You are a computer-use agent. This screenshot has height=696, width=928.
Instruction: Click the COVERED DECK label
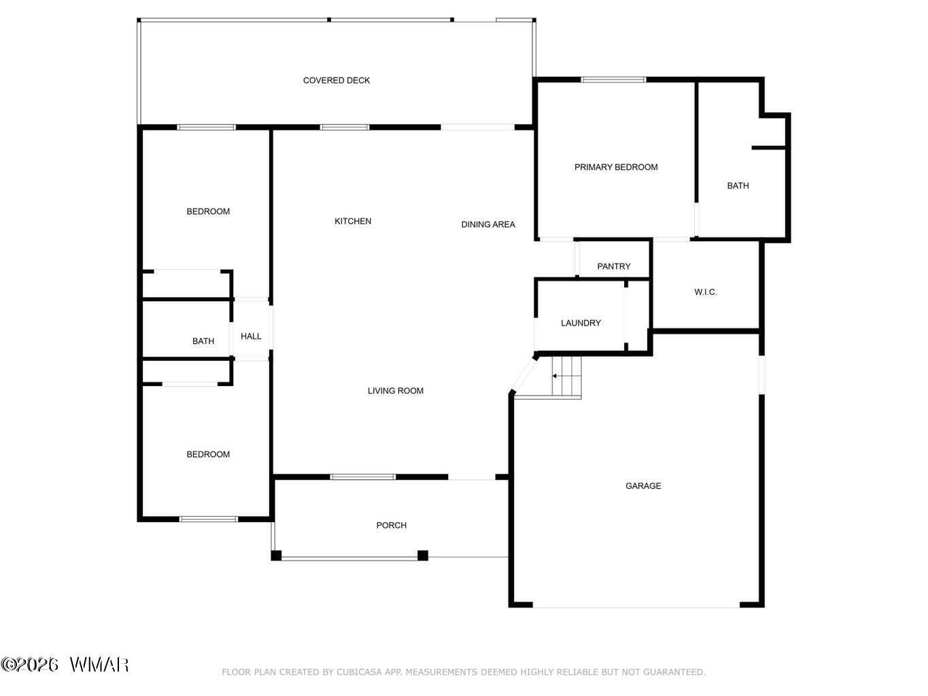[x=336, y=80]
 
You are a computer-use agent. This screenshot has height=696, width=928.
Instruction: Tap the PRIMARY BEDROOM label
[x=615, y=167]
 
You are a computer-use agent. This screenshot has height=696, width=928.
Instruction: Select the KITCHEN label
[x=353, y=221]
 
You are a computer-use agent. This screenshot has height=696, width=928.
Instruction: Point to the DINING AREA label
[x=488, y=224]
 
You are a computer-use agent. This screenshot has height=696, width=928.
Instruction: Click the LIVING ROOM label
[x=395, y=391]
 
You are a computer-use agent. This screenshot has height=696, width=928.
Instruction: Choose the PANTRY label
[x=613, y=266]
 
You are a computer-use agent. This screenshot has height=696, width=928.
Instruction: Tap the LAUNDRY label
[x=581, y=324]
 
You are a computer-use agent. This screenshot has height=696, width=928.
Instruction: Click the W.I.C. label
[x=705, y=292]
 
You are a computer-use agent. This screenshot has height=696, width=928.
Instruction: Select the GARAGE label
[x=643, y=486]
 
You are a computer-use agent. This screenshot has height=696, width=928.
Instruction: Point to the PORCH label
[x=391, y=525]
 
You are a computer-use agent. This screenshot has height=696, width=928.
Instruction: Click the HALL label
[x=251, y=336]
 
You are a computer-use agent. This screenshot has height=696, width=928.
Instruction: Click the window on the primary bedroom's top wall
[x=613, y=80]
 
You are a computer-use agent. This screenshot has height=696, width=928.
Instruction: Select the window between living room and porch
[x=363, y=476]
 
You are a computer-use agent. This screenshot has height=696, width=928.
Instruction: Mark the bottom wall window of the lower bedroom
[x=209, y=519]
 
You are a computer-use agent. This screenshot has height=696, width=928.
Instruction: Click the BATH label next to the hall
[x=203, y=341]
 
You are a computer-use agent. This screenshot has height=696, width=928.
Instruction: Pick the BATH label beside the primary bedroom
[x=738, y=186]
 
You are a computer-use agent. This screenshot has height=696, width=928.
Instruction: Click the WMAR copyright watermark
[x=65, y=665]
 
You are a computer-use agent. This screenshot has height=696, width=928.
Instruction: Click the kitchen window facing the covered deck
[x=344, y=127]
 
